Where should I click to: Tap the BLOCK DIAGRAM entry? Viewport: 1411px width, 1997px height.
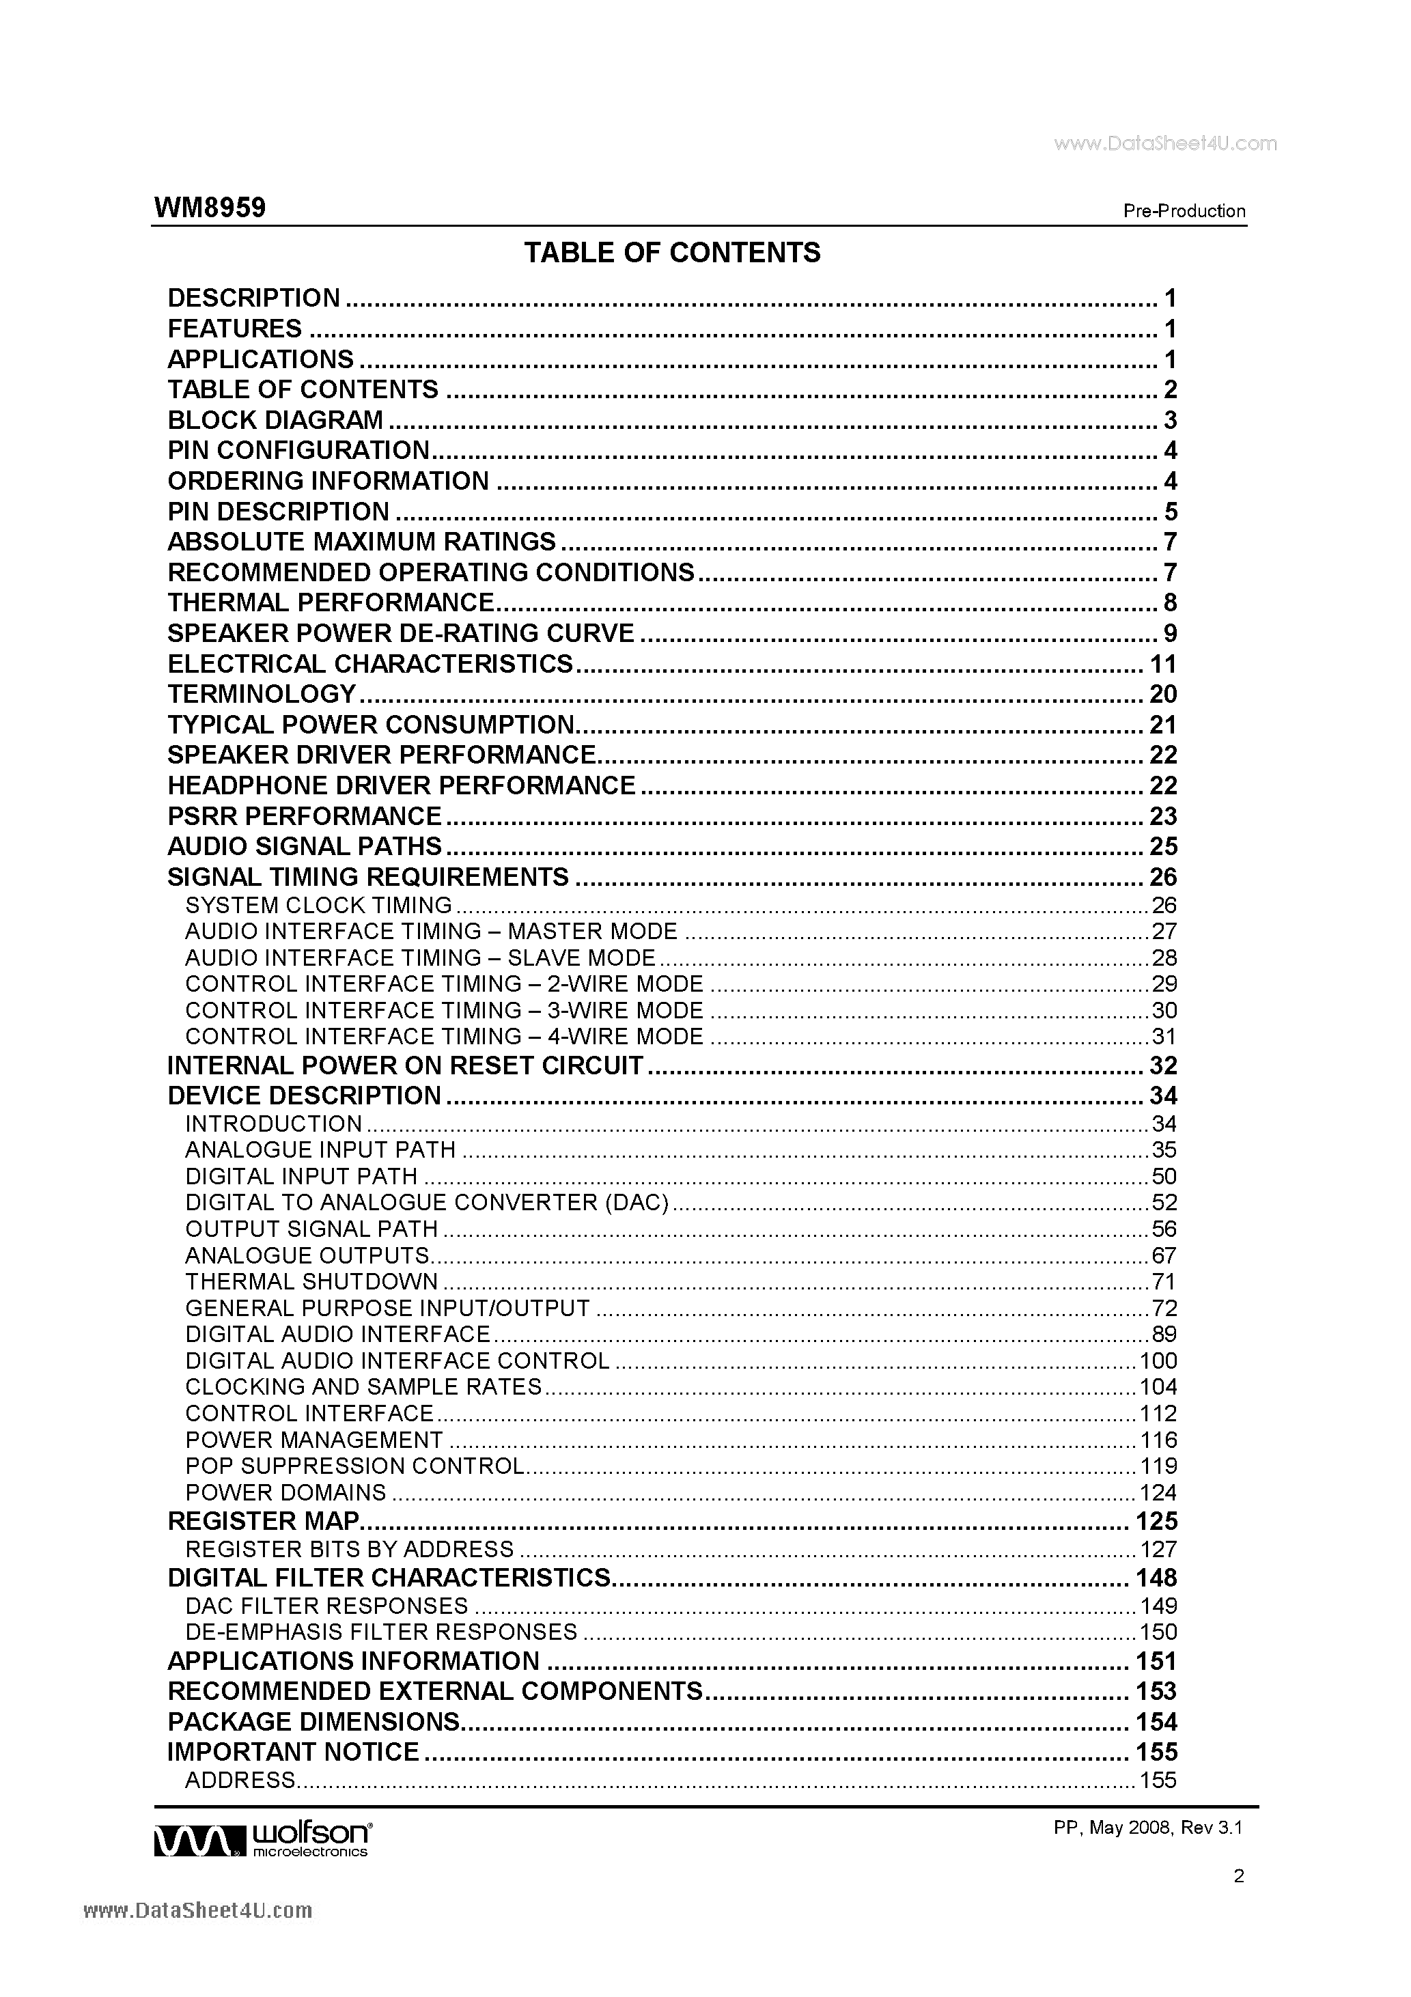[x=275, y=420]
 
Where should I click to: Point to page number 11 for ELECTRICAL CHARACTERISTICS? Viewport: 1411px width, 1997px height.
[x=1162, y=665]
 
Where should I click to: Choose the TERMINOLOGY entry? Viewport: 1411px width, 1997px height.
[x=261, y=694]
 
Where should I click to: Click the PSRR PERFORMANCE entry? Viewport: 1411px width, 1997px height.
[x=305, y=816]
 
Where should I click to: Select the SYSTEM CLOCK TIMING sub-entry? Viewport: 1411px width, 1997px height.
[x=318, y=906]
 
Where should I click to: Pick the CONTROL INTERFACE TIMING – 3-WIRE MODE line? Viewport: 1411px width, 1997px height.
[x=444, y=1011]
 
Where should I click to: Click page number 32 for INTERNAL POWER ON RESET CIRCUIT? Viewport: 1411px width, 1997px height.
[x=1162, y=1065]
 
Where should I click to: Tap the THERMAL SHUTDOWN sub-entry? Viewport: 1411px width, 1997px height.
[x=311, y=1282]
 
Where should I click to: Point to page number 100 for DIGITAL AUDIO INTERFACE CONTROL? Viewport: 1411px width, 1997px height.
[x=1158, y=1361]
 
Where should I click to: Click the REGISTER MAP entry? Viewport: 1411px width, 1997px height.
[x=263, y=1521]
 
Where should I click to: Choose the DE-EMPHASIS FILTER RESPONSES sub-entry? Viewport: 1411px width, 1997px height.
[x=381, y=1632]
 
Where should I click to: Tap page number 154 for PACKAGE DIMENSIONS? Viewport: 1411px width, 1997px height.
[x=1156, y=1722]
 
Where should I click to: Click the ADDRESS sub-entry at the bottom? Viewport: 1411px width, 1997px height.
[x=240, y=1780]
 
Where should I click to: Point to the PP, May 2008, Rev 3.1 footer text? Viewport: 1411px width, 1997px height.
[x=1147, y=1828]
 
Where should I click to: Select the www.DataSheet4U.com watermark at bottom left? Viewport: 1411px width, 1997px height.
[x=197, y=1911]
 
